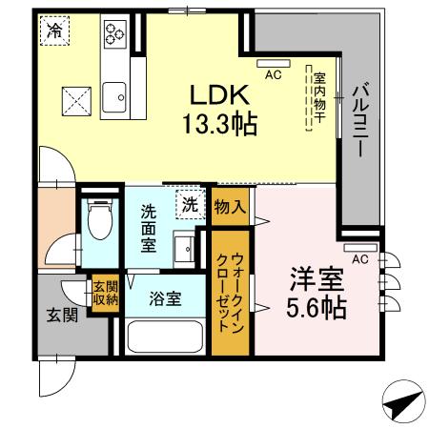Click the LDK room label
click(x=221, y=95)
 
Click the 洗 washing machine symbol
click(x=190, y=203)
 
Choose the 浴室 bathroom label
click(x=166, y=298)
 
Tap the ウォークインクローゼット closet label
click(x=230, y=291)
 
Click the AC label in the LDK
click(x=273, y=73)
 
